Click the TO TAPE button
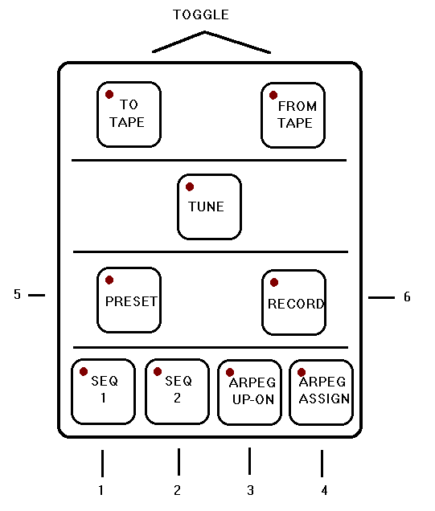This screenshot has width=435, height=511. point(129,114)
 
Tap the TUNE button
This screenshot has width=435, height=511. point(209,207)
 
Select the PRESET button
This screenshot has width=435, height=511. point(129,300)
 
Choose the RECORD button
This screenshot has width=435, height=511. point(293,302)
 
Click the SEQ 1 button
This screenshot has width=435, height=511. point(103,391)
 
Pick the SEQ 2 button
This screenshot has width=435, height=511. point(177,391)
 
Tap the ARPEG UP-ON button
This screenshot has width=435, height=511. point(249,392)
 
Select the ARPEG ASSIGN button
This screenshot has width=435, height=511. point(321,392)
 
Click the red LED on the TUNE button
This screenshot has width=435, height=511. point(190,186)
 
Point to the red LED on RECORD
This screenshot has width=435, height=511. point(274,282)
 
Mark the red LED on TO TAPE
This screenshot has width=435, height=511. point(109,95)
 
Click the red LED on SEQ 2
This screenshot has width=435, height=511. point(158,371)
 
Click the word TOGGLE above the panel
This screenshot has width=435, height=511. point(201,15)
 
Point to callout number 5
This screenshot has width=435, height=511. point(17,294)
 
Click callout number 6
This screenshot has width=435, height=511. point(407,296)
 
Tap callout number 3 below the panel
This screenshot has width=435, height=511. point(250,490)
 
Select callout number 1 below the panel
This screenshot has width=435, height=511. point(101,490)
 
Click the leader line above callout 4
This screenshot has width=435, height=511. point(322,463)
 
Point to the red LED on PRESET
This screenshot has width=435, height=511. point(109,280)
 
